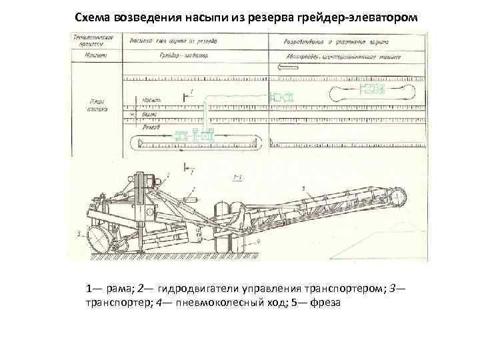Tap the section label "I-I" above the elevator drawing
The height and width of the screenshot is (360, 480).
[x=237, y=177]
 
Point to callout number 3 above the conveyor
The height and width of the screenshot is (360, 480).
[x=303, y=189]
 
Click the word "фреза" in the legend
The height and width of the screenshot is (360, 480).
[x=326, y=302]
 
